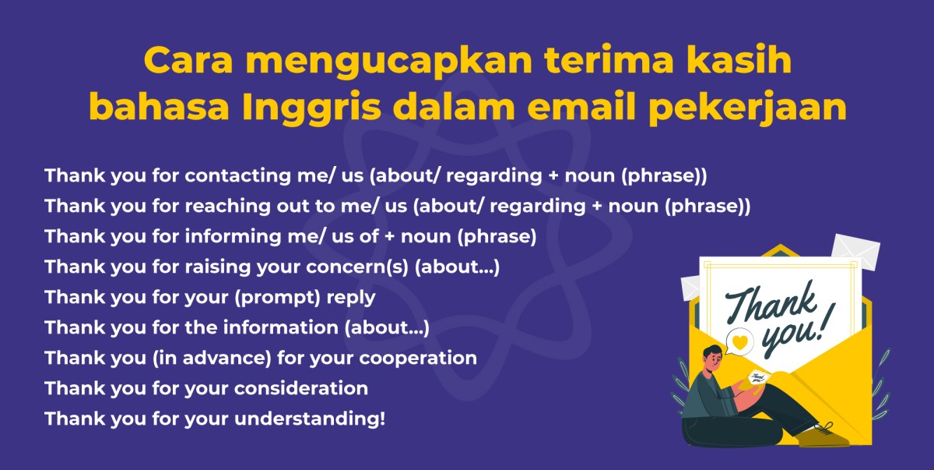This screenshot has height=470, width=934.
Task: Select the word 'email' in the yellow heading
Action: pyautogui.click(x=585, y=108)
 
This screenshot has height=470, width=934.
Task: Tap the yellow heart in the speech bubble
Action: pyautogui.click(x=741, y=341)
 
